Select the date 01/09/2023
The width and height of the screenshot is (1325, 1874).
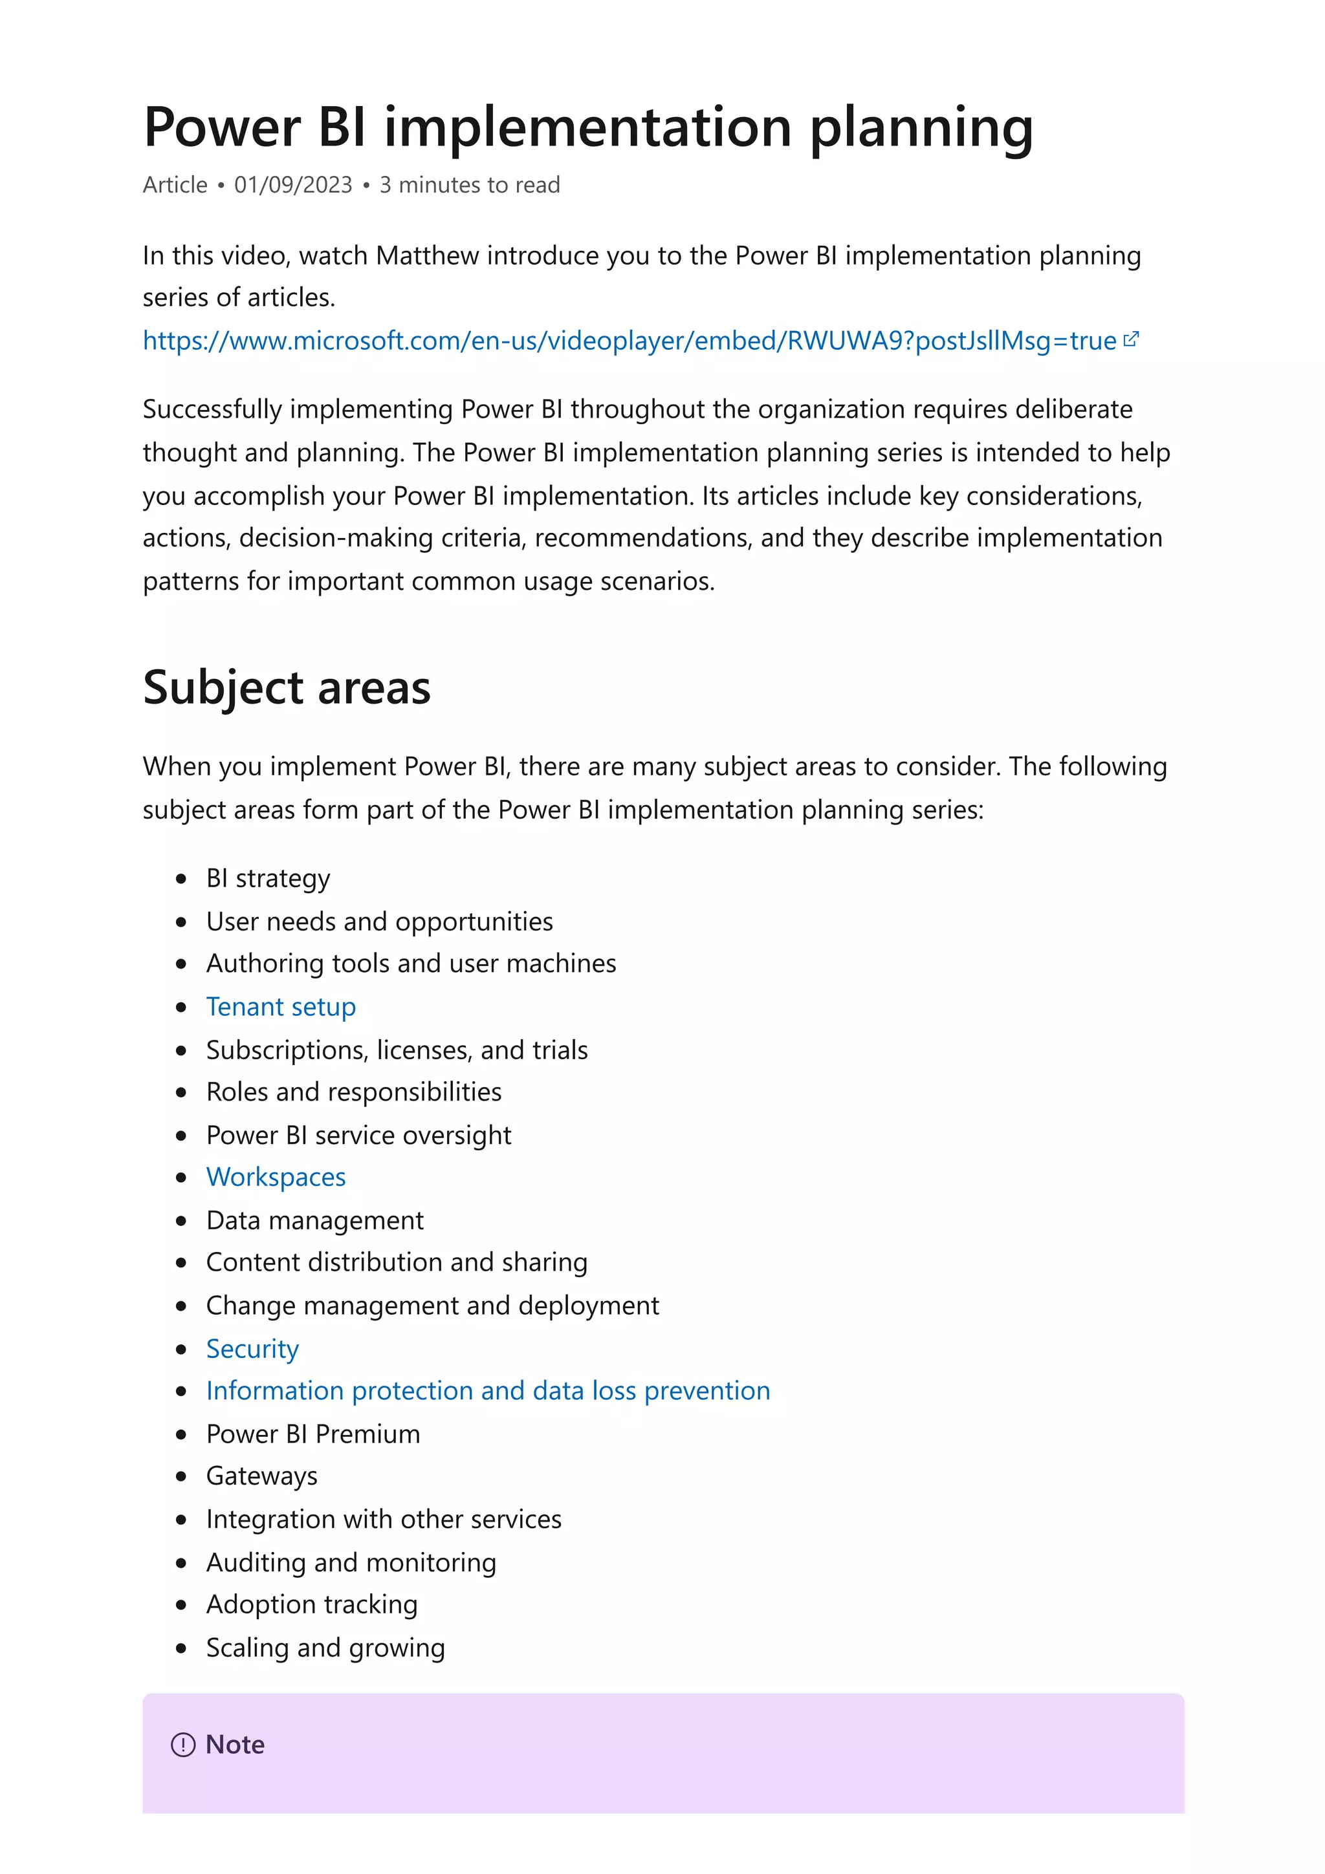tap(293, 186)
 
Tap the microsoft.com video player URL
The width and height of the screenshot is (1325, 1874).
tap(629, 340)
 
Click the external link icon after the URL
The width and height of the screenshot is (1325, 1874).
tap(1131, 339)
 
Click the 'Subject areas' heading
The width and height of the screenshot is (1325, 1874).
tap(287, 687)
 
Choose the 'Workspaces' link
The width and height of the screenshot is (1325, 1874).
tap(276, 1177)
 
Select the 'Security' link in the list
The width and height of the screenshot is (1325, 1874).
tap(252, 1348)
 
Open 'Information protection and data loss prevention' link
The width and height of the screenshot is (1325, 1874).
tap(487, 1391)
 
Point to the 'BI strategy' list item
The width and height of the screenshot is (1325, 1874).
tap(268, 878)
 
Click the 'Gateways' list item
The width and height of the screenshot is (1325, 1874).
tap(261, 1476)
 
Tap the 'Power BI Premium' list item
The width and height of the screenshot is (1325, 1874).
tap(312, 1434)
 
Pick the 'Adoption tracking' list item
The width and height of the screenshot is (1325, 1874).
tap(311, 1604)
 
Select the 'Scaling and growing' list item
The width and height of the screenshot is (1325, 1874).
tap(325, 1647)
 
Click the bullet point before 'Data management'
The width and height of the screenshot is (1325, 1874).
tap(181, 1221)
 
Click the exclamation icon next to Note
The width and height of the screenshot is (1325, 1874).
tap(183, 1745)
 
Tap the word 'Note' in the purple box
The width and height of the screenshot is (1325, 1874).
tap(235, 1745)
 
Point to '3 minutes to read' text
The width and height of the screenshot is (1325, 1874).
tap(470, 186)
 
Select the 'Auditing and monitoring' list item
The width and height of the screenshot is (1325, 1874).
tap(351, 1562)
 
